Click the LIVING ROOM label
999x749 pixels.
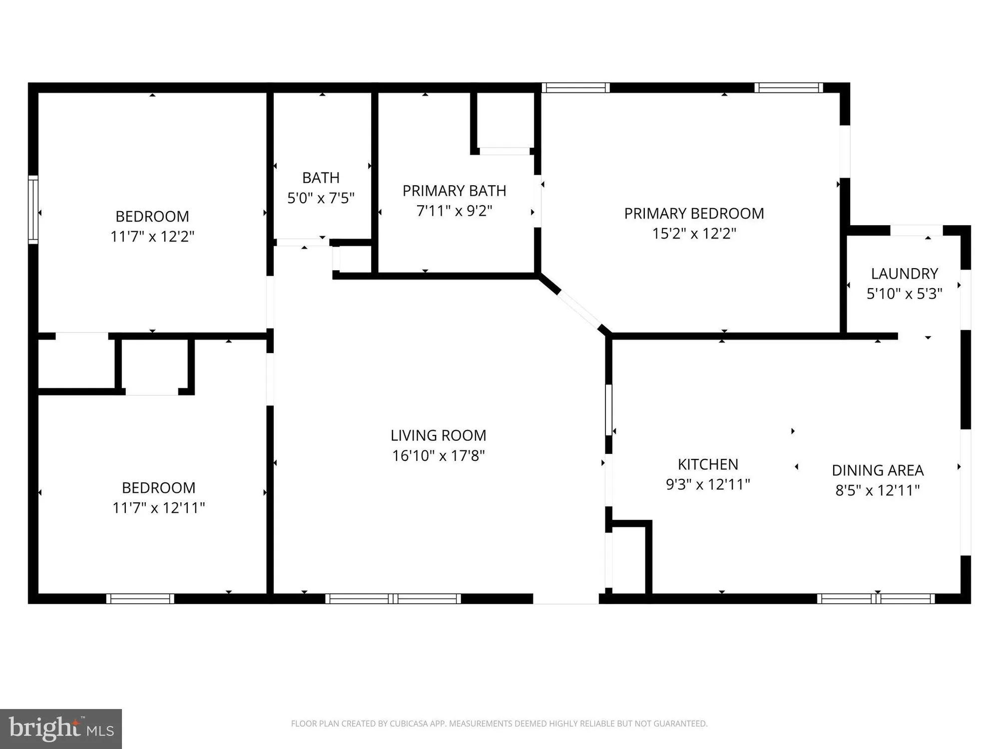(x=438, y=435)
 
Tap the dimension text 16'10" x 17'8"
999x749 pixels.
(x=438, y=456)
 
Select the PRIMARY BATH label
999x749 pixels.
(x=454, y=191)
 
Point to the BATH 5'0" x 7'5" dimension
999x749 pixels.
(x=321, y=198)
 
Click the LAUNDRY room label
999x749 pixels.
(x=904, y=274)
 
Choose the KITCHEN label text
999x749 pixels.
(x=708, y=464)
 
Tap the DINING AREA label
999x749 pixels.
(x=878, y=470)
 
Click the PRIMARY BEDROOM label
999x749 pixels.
(x=694, y=214)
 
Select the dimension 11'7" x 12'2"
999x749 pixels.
(x=152, y=236)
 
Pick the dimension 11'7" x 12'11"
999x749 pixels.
(x=158, y=508)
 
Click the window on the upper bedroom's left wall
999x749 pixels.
(x=33, y=210)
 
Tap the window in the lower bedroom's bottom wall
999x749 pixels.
(x=140, y=598)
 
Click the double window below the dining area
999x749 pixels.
(x=876, y=598)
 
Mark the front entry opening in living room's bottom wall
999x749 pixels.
(x=566, y=598)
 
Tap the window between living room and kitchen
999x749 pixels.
(x=608, y=409)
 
